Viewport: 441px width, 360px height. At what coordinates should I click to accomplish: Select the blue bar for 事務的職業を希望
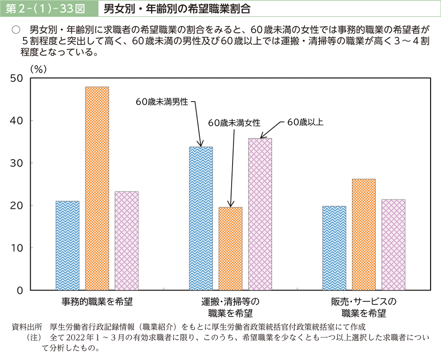[x=68, y=245]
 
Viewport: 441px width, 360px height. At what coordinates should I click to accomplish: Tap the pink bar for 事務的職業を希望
[x=127, y=240]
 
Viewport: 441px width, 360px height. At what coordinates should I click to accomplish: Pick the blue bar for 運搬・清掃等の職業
[x=201, y=218]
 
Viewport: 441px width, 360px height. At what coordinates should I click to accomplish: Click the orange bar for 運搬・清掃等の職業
[x=230, y=248]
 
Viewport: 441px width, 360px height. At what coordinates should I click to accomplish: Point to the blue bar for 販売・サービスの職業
[x=334, y=248]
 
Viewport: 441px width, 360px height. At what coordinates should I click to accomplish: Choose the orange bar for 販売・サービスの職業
[x=363, y=234]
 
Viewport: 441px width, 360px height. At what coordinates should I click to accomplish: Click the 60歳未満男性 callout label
[x=162, y=101]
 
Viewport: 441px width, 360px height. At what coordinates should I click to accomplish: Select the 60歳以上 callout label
[x=305, y=122]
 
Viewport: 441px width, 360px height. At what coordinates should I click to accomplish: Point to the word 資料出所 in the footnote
[x=25, y=327]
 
